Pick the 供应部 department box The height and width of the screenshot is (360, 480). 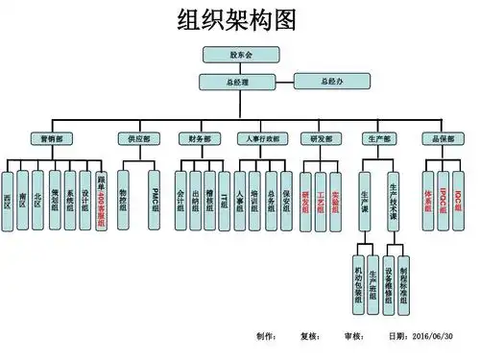coord(139,138)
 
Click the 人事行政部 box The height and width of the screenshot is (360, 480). coord(264,138)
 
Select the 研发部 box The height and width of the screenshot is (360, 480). coord(321,138)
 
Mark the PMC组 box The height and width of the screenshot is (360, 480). coord(155,200)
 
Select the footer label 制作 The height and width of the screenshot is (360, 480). coord(266,337)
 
